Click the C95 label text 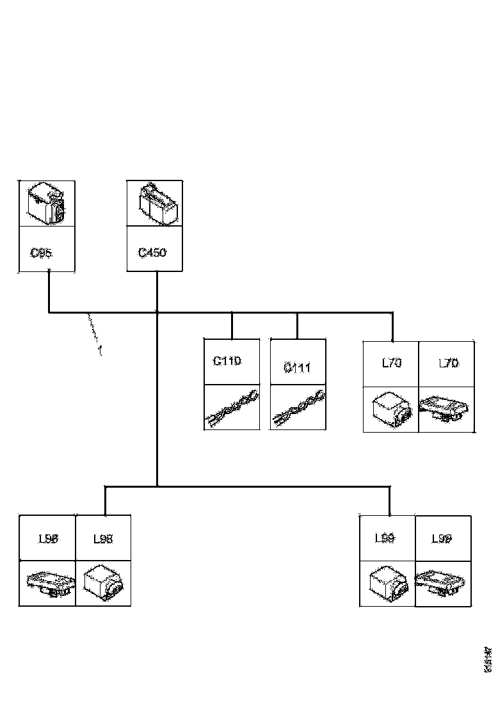42,253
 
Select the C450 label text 152,253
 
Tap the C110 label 227,361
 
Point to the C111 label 297,367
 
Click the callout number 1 100,350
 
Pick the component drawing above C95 47,203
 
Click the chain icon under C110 231,408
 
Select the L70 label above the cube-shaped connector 391,364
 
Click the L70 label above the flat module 448,364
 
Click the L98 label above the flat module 47,539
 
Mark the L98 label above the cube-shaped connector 103,539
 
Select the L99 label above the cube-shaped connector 385,538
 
